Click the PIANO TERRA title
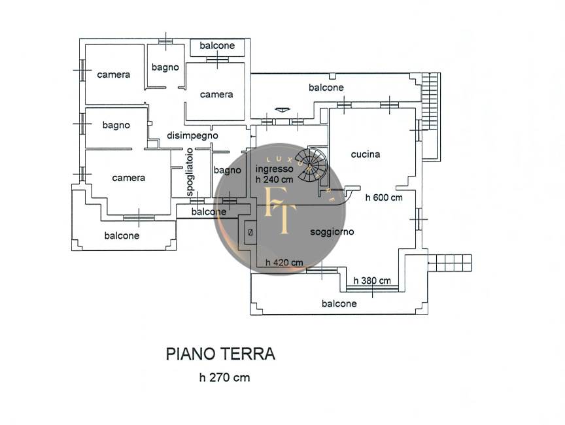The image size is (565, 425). click(x=220, y=354)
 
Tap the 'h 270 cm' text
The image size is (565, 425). click(x=224, y=377)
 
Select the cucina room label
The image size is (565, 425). click(x=366, y=155)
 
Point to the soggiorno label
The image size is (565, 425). click(x=332, y=231)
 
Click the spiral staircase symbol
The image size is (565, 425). click(x=310, y=164)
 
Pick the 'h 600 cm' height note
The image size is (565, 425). click(x=384, y=197)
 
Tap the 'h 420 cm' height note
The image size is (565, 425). click(x=284, y=263)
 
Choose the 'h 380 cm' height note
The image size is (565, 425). click(x=372, y=280)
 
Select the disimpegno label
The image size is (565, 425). click(x=192, y=135)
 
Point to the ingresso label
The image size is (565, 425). click(x=274, y=168)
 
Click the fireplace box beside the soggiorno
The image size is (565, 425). click(x=250, y=232)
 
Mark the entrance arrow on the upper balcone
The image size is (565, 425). click(x=282, y=109)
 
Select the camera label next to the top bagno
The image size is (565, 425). click(x=216, y=94)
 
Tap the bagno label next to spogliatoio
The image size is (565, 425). click(x=227, y=171)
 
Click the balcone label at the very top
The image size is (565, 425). click(x=217, y=46)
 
